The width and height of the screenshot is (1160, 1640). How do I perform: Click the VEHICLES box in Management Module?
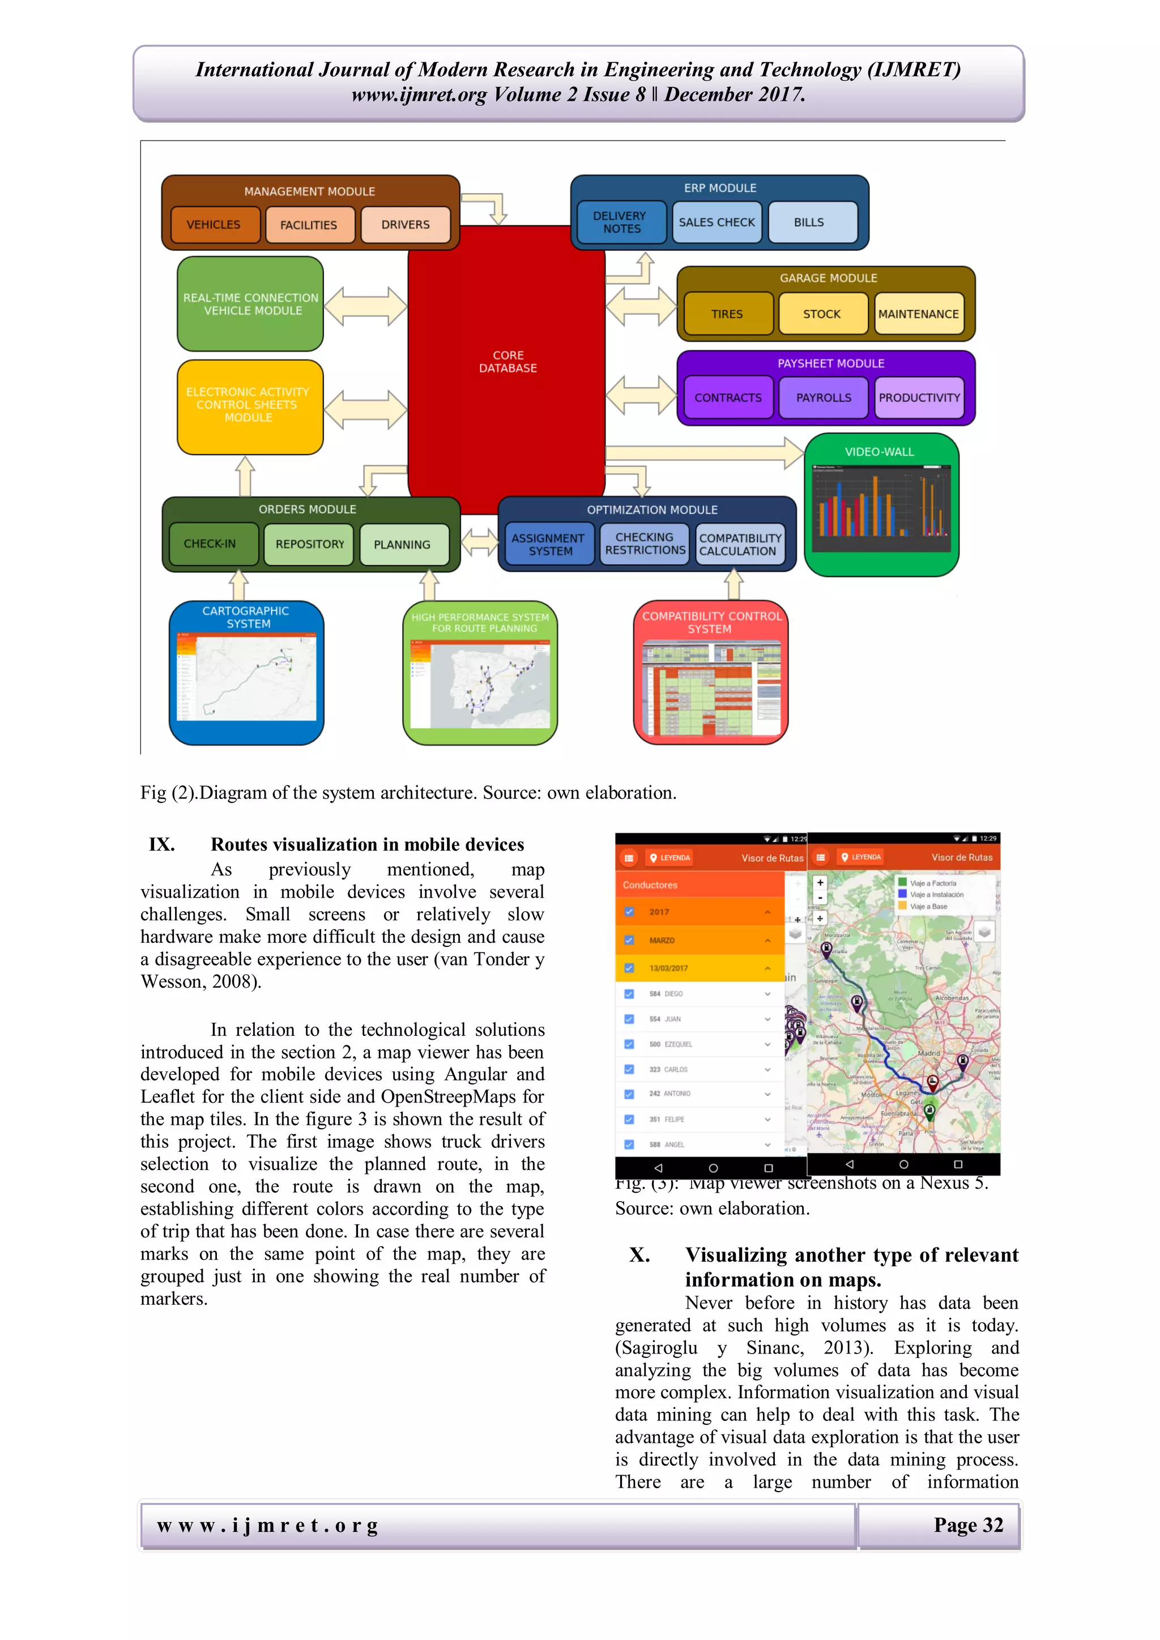click(x=214, y=225)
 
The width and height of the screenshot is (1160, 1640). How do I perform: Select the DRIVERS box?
click(x=405, y=225)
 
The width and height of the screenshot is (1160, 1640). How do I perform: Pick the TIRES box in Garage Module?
click(x=727, y=314)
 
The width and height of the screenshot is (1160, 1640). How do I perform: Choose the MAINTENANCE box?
click(x=919, y=314)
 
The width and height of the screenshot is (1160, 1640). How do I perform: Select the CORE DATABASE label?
click(x=508, y=362)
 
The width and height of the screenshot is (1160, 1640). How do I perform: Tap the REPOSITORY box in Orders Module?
click(x=309, y=544)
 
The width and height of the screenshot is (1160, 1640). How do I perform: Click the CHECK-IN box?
click(x=210, y=544)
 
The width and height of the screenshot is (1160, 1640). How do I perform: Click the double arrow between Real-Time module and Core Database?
click(x=365, y=306)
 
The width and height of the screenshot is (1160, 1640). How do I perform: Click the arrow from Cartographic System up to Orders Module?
click(x=238, y=585)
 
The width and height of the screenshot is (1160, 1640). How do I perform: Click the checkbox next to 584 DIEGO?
click(x=629, y=994)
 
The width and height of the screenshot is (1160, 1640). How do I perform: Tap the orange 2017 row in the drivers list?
click(x=700, y=912)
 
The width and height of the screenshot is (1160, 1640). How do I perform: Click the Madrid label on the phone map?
click(x=928, y=1053)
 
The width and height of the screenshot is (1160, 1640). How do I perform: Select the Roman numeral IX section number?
click(x=162, y=845)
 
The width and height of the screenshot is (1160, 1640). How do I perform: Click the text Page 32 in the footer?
click(x=968, y=1525)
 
